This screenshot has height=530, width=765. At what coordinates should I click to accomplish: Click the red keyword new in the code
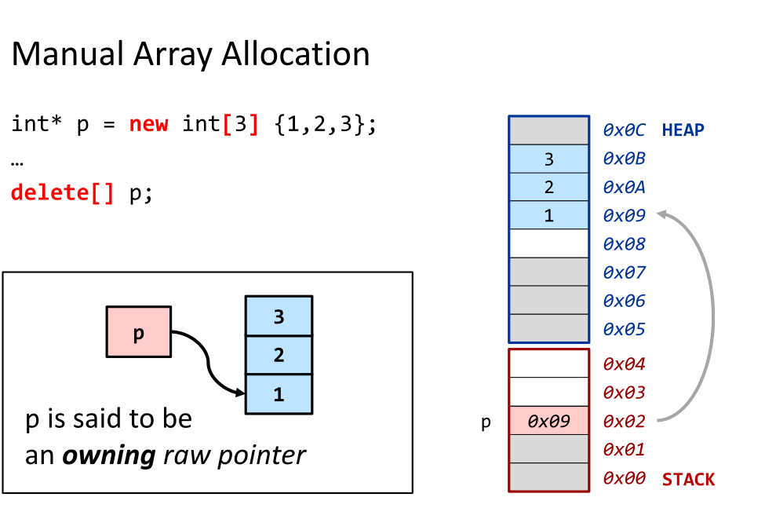pyautogui.click(x=148, y=124)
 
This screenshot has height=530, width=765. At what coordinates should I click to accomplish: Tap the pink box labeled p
pyautogui.click(x=138, y=332)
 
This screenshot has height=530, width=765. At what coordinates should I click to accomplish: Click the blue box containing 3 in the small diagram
pyautogui.click(x=279, y=316)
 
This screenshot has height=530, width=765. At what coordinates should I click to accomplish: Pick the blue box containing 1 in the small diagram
pyautogui.click(x=279, y=394)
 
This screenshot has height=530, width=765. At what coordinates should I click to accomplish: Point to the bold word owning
pyautogui.click(x=109, y=455)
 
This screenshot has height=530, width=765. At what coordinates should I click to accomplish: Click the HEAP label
pyautogui.click(x=683, y=130)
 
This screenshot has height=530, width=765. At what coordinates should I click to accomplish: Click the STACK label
pyautogui.click(x=688, y=479)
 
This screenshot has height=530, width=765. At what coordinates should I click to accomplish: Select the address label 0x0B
pyautogui.click(x=624, y=159)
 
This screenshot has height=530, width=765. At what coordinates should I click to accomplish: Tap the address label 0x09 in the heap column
pyautogui.click(x=624, y=215)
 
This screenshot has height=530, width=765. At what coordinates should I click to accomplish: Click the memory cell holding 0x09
pyautogui.click(x=548, y=421)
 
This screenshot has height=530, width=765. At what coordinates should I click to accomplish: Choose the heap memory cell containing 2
pyautogui.click(x=548, y=187)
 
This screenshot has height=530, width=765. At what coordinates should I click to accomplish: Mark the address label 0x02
pyautogui.click(x=624, y=421)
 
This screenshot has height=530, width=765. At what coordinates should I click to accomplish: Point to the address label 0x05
pyautogui.click(x=624, y=330)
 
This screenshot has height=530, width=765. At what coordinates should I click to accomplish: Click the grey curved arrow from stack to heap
pyautogui.click(x=712, y=314)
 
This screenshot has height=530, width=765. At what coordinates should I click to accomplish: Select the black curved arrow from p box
pyautogui.click(x=208, y=361)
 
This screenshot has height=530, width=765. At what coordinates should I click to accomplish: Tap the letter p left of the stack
pyautogui.click(x=486, y=422)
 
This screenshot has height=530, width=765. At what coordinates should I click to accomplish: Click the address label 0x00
pyautogui.click(x=624, y=478)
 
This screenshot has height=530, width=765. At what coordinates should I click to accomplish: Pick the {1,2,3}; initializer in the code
pyautogui.click(x=326, y=124)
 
